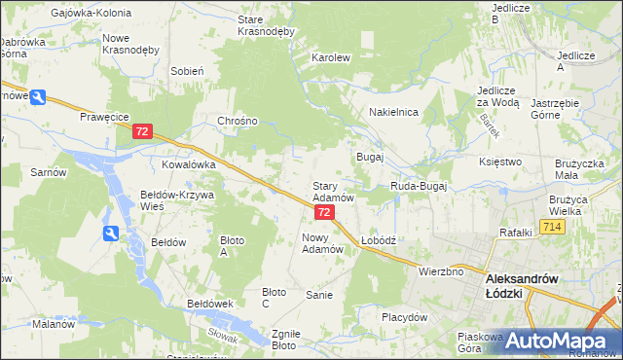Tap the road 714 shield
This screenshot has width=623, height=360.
pos(554,227)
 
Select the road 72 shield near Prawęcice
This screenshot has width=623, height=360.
pos(143,130)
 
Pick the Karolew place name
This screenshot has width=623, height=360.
pos(330,57)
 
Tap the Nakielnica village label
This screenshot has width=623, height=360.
pos(393,112)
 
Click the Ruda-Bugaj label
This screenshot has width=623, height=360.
pos(418,185)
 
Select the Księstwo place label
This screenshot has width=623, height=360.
pos(501,162)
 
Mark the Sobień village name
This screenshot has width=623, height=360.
pos(186,71)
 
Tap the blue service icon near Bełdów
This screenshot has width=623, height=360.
pos(111,233)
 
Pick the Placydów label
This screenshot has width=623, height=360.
pos(405,317)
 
